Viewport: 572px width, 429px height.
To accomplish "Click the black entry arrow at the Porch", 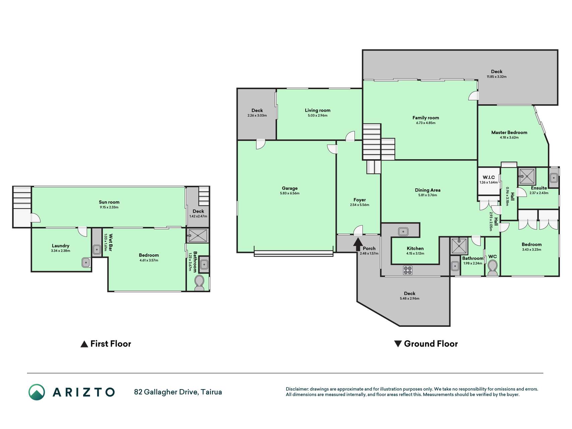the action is [358, 244].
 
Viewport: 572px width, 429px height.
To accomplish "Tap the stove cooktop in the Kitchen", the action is [407, 270].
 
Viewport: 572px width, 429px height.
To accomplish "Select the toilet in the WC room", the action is [493, 268].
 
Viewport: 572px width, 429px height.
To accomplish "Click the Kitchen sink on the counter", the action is [403, 231].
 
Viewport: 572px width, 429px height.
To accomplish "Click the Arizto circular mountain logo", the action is [37, 392].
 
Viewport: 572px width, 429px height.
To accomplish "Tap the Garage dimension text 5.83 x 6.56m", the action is [290, 193].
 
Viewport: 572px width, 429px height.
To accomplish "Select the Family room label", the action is [426, 118].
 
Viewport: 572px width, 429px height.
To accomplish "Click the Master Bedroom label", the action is [509, 132].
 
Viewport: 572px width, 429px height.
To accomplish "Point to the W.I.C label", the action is [489, 177].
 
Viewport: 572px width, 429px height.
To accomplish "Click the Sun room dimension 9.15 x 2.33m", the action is [109, 207].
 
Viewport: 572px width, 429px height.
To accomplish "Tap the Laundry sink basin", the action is [86, 262].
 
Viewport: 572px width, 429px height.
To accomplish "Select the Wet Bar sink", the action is [97, 249].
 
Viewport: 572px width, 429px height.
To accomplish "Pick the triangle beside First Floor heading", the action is [84, 344].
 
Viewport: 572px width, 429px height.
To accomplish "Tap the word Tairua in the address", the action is [211, 392].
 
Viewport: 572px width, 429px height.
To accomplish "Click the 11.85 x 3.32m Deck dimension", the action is [497, 77].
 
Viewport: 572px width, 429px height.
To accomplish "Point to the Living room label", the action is [317, 110].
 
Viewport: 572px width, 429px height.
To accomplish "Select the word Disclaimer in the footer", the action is [297, 389].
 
